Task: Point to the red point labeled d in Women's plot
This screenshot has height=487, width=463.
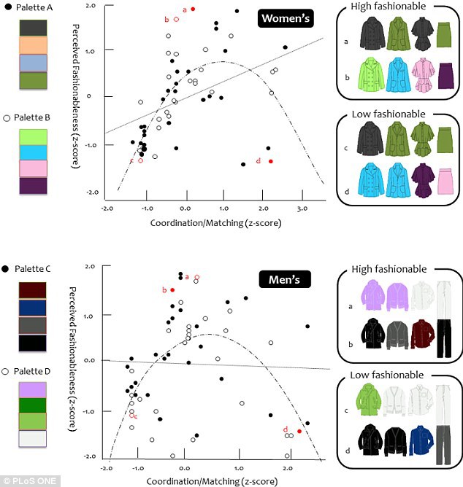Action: [270, 161]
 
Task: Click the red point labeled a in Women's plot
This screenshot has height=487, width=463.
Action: [193, 9]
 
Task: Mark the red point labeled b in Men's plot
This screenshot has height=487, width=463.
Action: [172, 289]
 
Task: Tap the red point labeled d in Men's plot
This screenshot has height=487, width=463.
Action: [299, 432]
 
